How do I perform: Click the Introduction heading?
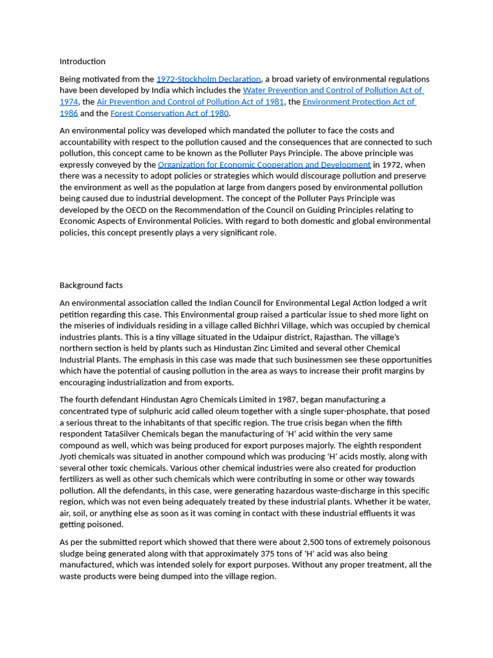click(82, 62)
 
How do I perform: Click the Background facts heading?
click(91, 285)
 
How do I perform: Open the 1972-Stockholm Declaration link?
click(209, 79)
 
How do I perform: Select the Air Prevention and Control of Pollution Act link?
click(190, 102)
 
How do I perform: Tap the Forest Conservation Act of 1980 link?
click(169, 114)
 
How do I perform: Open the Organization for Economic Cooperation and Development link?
click(264, 165)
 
